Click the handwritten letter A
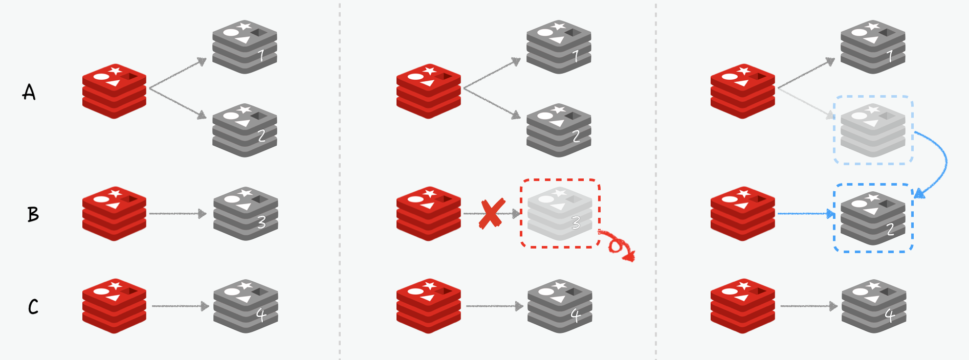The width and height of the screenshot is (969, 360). coord(29,92)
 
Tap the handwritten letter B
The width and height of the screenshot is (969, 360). coord(33,214)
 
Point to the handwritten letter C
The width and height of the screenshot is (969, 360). coord(33,306)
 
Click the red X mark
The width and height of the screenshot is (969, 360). coord(492,213)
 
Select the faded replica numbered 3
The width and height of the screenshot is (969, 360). coord(560,214)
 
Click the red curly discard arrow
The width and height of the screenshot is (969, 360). coord(618,246)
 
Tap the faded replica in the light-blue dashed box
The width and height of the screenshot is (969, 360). coord(873,130)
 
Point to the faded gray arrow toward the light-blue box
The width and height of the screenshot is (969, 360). coord(805,104)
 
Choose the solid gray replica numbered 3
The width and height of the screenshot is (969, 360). coord(246,214)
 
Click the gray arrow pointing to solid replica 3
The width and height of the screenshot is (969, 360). coord(178,213)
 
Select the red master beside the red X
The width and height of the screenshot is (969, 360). coord(429,214)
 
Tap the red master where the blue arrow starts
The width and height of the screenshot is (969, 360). coord(743,214)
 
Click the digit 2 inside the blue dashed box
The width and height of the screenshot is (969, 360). coord(890,229)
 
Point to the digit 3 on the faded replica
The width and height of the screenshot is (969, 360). coord(576,222)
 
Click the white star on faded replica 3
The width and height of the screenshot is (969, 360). coord(560,193)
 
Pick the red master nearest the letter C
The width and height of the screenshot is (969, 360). coord(115,306)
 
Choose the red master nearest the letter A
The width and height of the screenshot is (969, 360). coord(115,91)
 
